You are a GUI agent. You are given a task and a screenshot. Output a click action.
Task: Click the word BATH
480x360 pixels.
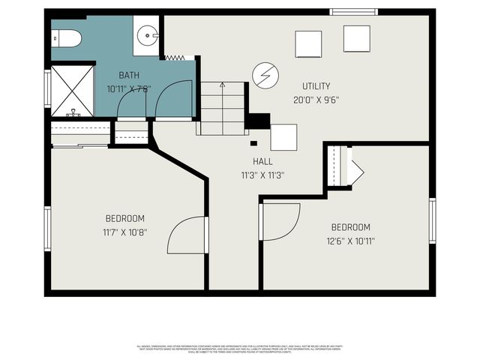(129, 75)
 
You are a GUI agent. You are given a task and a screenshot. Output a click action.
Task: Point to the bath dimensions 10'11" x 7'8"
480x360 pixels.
(129, 88)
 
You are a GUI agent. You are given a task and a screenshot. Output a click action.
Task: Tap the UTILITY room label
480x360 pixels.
(316, 86)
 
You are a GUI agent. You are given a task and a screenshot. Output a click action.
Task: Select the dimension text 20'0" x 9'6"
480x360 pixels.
(316, 99)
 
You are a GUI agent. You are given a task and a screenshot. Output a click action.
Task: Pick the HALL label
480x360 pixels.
(262, 161)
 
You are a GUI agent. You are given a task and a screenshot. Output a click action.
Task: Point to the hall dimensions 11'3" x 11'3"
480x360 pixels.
(262, 175)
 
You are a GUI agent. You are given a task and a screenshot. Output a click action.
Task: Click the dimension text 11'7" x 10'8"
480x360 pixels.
(124, 232)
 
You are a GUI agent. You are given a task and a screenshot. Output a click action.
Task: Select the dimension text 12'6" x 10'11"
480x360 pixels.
(350, 241)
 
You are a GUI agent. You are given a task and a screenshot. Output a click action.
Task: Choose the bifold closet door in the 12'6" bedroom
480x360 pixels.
(352, 166)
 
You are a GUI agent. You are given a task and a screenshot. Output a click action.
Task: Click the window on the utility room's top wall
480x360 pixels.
(353, 12)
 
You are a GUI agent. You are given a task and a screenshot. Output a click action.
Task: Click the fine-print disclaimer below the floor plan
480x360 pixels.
(240, 349)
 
